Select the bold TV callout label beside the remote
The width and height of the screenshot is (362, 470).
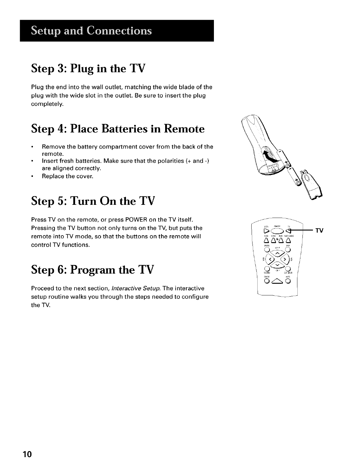coord(320,231)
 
